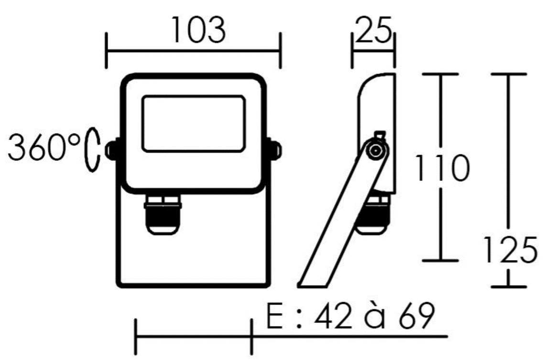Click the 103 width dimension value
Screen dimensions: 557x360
coord(198,30)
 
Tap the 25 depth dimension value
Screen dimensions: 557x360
coord(373,30)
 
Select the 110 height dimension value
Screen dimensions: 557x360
coord(443,168)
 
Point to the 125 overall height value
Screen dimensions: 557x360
coord(511,250)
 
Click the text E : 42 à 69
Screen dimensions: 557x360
coord(350,316)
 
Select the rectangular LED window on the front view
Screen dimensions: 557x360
coord(194,124)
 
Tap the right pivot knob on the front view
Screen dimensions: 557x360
coord(275,149)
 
